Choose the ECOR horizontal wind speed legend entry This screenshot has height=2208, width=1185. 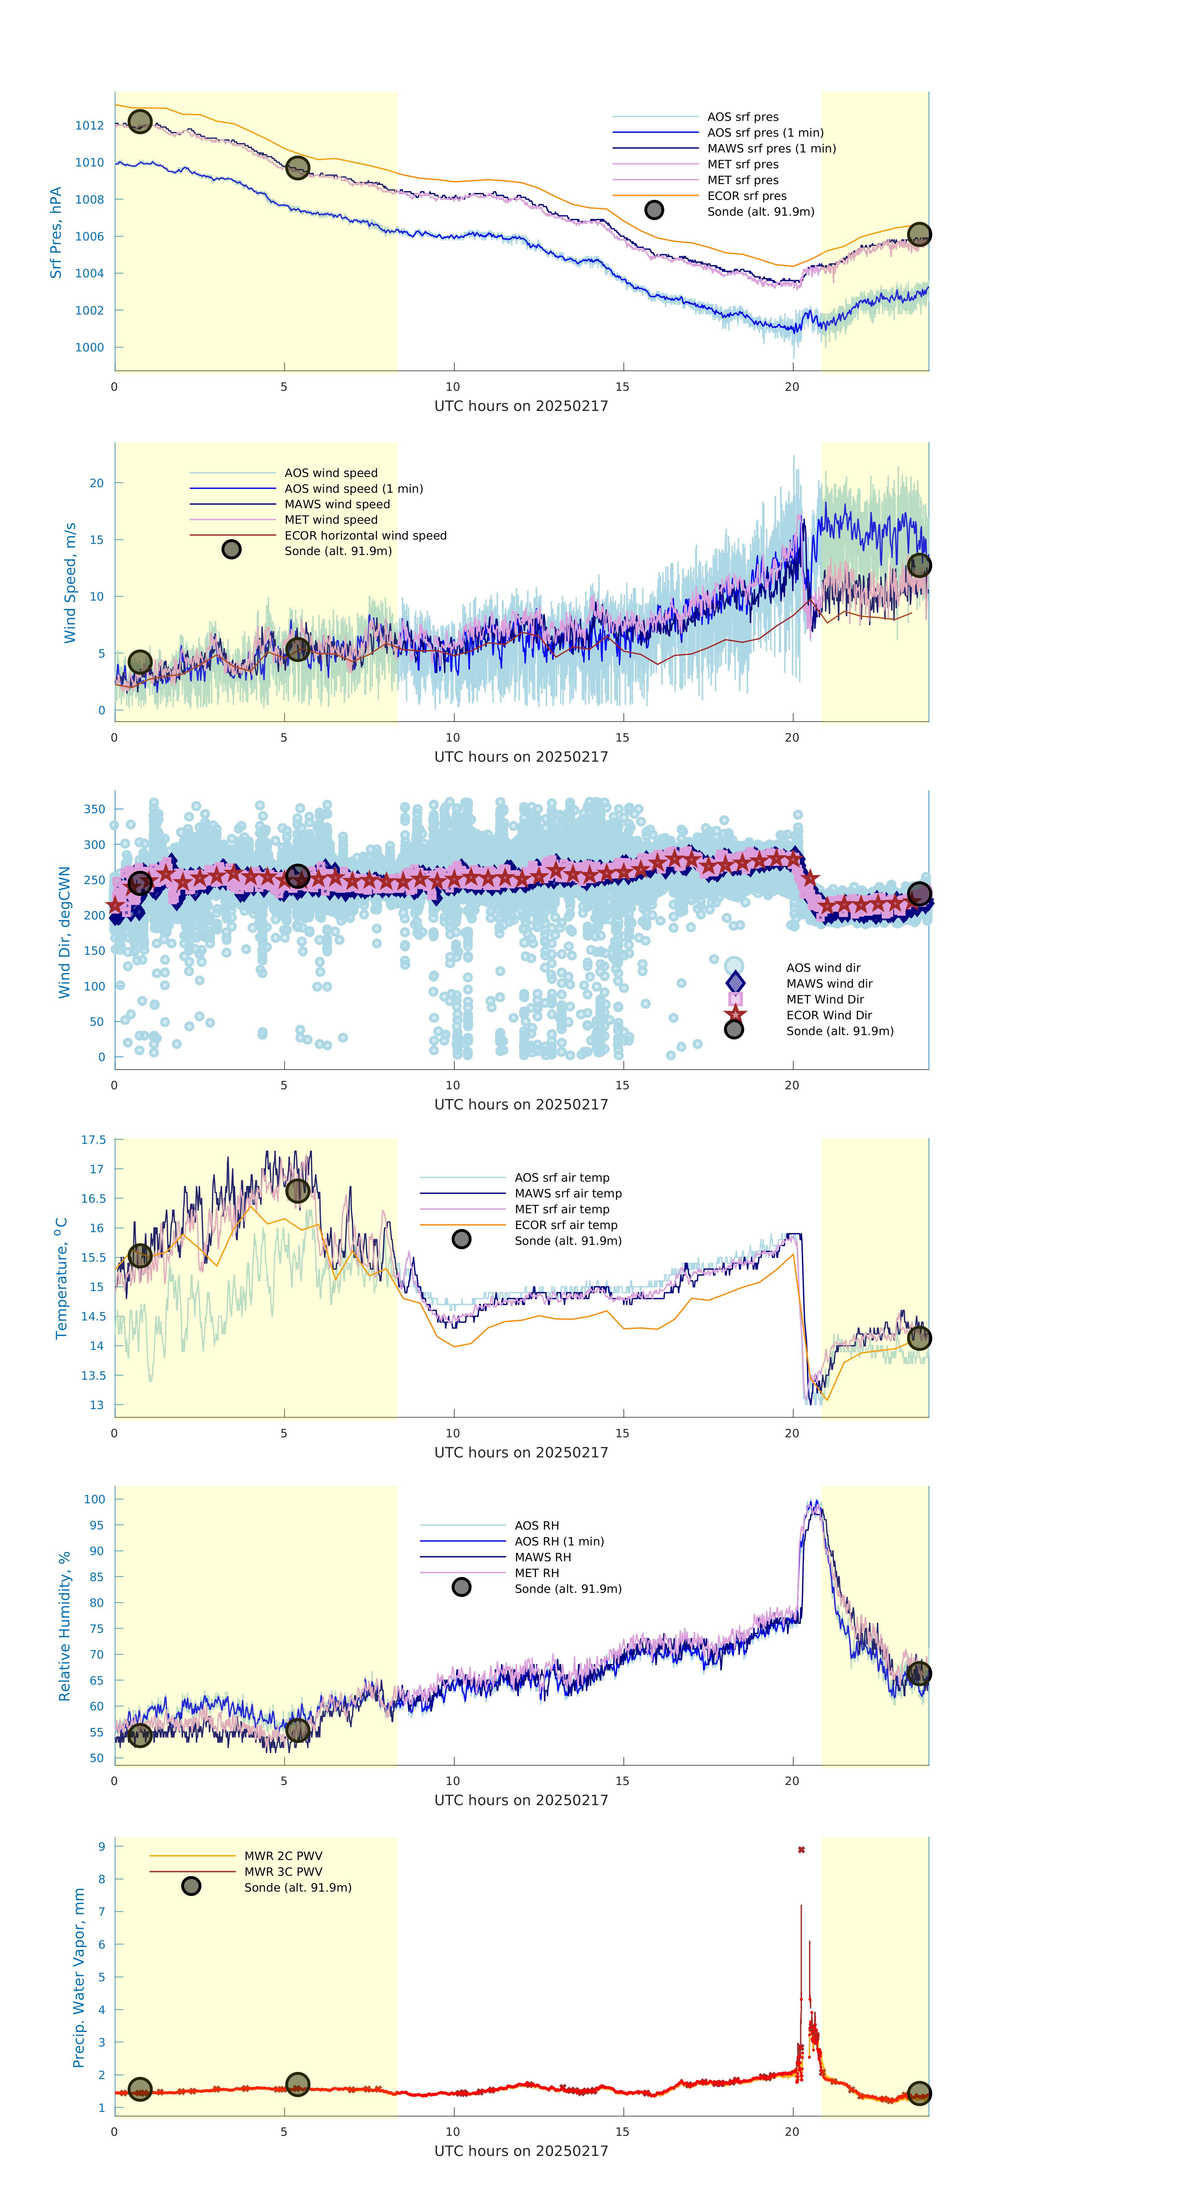pos(365,536)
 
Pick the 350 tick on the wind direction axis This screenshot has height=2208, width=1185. pos(94,809)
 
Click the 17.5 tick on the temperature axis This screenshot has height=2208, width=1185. pos(93,1140)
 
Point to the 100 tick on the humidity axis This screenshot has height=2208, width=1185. pos(94,1499)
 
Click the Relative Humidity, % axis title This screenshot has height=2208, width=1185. pos(64,1626)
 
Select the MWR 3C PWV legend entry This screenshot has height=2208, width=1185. pos(283,1872)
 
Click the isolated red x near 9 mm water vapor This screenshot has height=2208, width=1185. pos(801,1850)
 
